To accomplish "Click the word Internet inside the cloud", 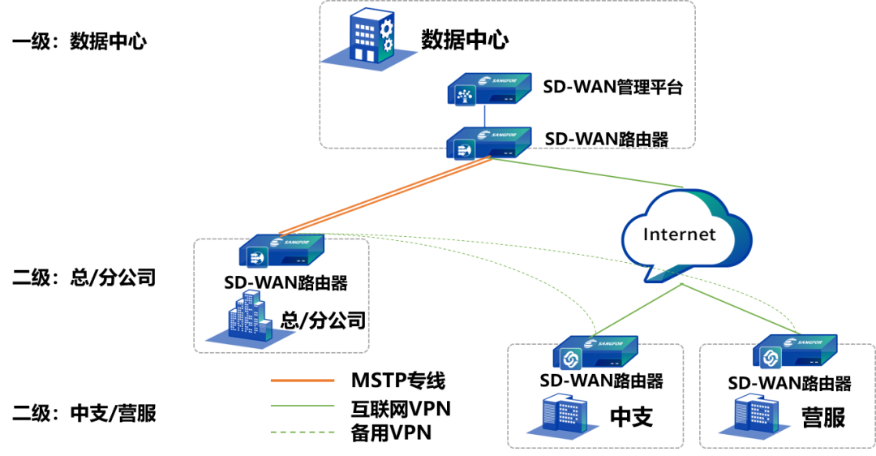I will pyautogui.click(x=679, y=234).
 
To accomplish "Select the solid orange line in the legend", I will pyautogui.click(x=302, y=380).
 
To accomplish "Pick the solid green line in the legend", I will pyautogui.click(x=302, y=406).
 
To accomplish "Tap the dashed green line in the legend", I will pyautogui.click(x=302, y=432).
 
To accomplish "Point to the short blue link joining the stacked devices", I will pyautogui.click(x=484, y=114).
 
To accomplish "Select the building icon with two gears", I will pyautogui.click(x=369, y=38).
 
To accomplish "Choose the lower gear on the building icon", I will pyautogui.click(x=387, y=45).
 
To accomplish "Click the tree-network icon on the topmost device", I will pyautogui.click(x=466, y=97).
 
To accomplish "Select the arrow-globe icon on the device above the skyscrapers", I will pyautogui.click(x=257, y=259).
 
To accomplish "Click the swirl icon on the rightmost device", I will pyautogui.click(x=770, y=356).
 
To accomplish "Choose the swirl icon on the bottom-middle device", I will pyautogui.click(x=570, y=358).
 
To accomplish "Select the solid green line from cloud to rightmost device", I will pyautogui.click(x=738, y=308).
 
